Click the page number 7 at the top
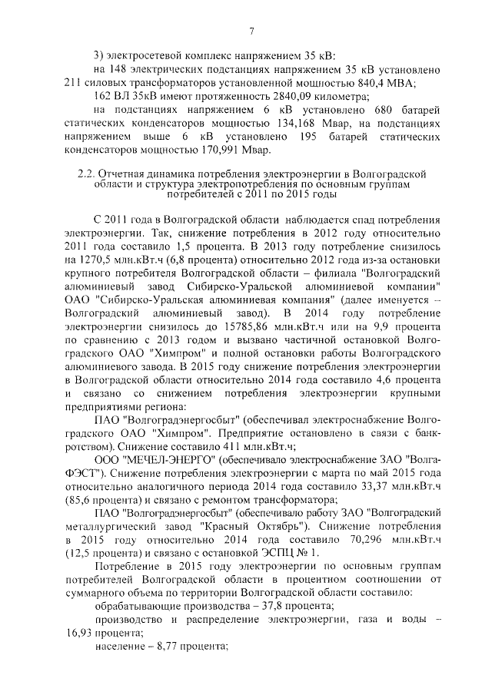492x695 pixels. (251, 31)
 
